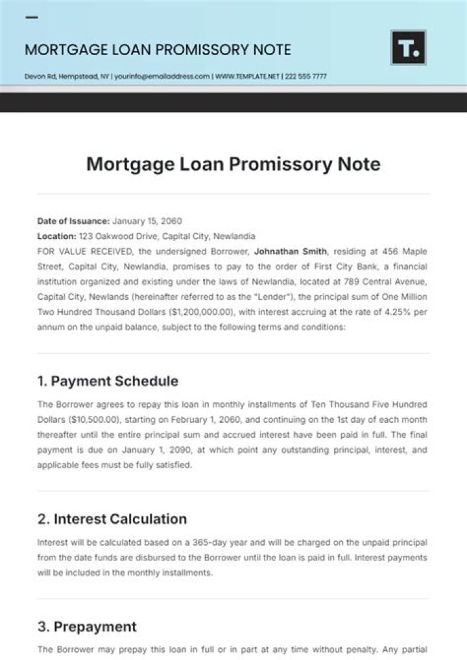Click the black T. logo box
click(x=408, y=47)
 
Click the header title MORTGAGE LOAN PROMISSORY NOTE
click(x=158, y=50)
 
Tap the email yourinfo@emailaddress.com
click(x=163, y=76)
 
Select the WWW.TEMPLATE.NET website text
click(x=247, y=76)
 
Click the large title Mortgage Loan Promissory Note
click(x=233, y=164)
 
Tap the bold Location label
click(x=57, y=236)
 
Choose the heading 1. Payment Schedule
click(x=108, y=381)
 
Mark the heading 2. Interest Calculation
click(x=112, y=519)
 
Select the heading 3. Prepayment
click(x=87, y=626)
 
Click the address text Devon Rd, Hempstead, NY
click(x=67, y=76)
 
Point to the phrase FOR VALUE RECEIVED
click(x=77, y=251)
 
